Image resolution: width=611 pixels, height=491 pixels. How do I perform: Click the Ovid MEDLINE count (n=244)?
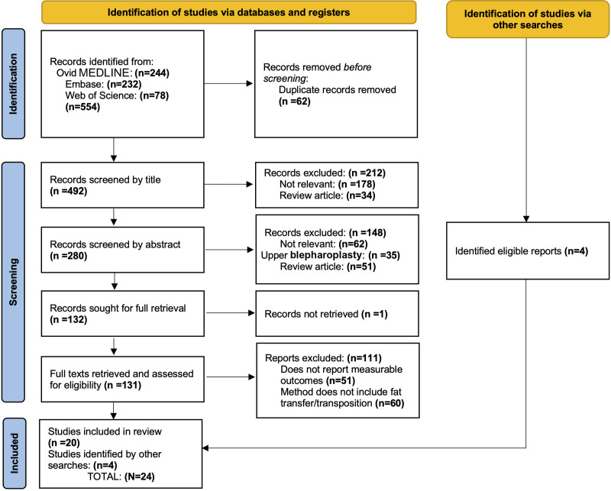point(152,73)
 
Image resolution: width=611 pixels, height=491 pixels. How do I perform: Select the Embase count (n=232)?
point(124,84)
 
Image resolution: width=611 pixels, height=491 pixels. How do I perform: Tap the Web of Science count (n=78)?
point(154,95)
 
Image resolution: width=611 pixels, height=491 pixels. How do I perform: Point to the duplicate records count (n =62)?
point(295,102)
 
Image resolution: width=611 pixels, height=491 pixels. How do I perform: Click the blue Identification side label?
point(13,84)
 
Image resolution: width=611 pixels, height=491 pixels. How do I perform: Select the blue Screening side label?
point(13,282)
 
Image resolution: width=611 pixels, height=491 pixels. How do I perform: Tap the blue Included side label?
point(14,453)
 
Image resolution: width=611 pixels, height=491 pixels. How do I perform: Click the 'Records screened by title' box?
point(122,185)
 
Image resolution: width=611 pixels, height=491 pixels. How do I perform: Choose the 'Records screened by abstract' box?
point(122,250)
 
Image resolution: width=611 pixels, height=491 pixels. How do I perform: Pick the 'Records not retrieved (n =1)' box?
point(337,314)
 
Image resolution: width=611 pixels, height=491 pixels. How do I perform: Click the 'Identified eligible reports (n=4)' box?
point(528,251)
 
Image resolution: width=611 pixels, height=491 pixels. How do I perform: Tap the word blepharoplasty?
point(326,255)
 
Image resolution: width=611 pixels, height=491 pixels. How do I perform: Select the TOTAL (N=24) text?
point(121,476)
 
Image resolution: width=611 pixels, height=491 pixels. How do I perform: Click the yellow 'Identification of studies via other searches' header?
point(528,19)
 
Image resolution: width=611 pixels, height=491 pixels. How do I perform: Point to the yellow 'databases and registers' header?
point(228,12)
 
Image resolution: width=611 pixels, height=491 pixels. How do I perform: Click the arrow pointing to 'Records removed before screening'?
point(228,83)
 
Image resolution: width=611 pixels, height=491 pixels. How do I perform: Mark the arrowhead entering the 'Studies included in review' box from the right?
point(205,448)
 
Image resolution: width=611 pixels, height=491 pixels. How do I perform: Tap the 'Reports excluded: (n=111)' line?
point(323,358)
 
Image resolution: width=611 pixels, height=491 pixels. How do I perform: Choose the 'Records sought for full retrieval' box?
point(122,314)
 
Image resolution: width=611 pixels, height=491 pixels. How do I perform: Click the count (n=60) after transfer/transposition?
point(390,403)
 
